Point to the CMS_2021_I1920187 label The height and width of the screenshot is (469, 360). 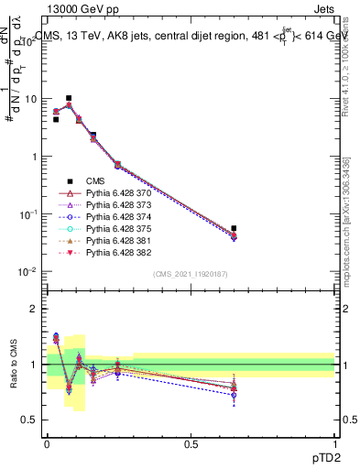click(x=191, y=274)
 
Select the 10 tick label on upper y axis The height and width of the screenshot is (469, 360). click(x=29, y=99)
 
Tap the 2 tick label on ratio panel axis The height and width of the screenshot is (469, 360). click(x=34, y=309)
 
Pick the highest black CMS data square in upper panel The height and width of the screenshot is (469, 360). click(x=69, y=98)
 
